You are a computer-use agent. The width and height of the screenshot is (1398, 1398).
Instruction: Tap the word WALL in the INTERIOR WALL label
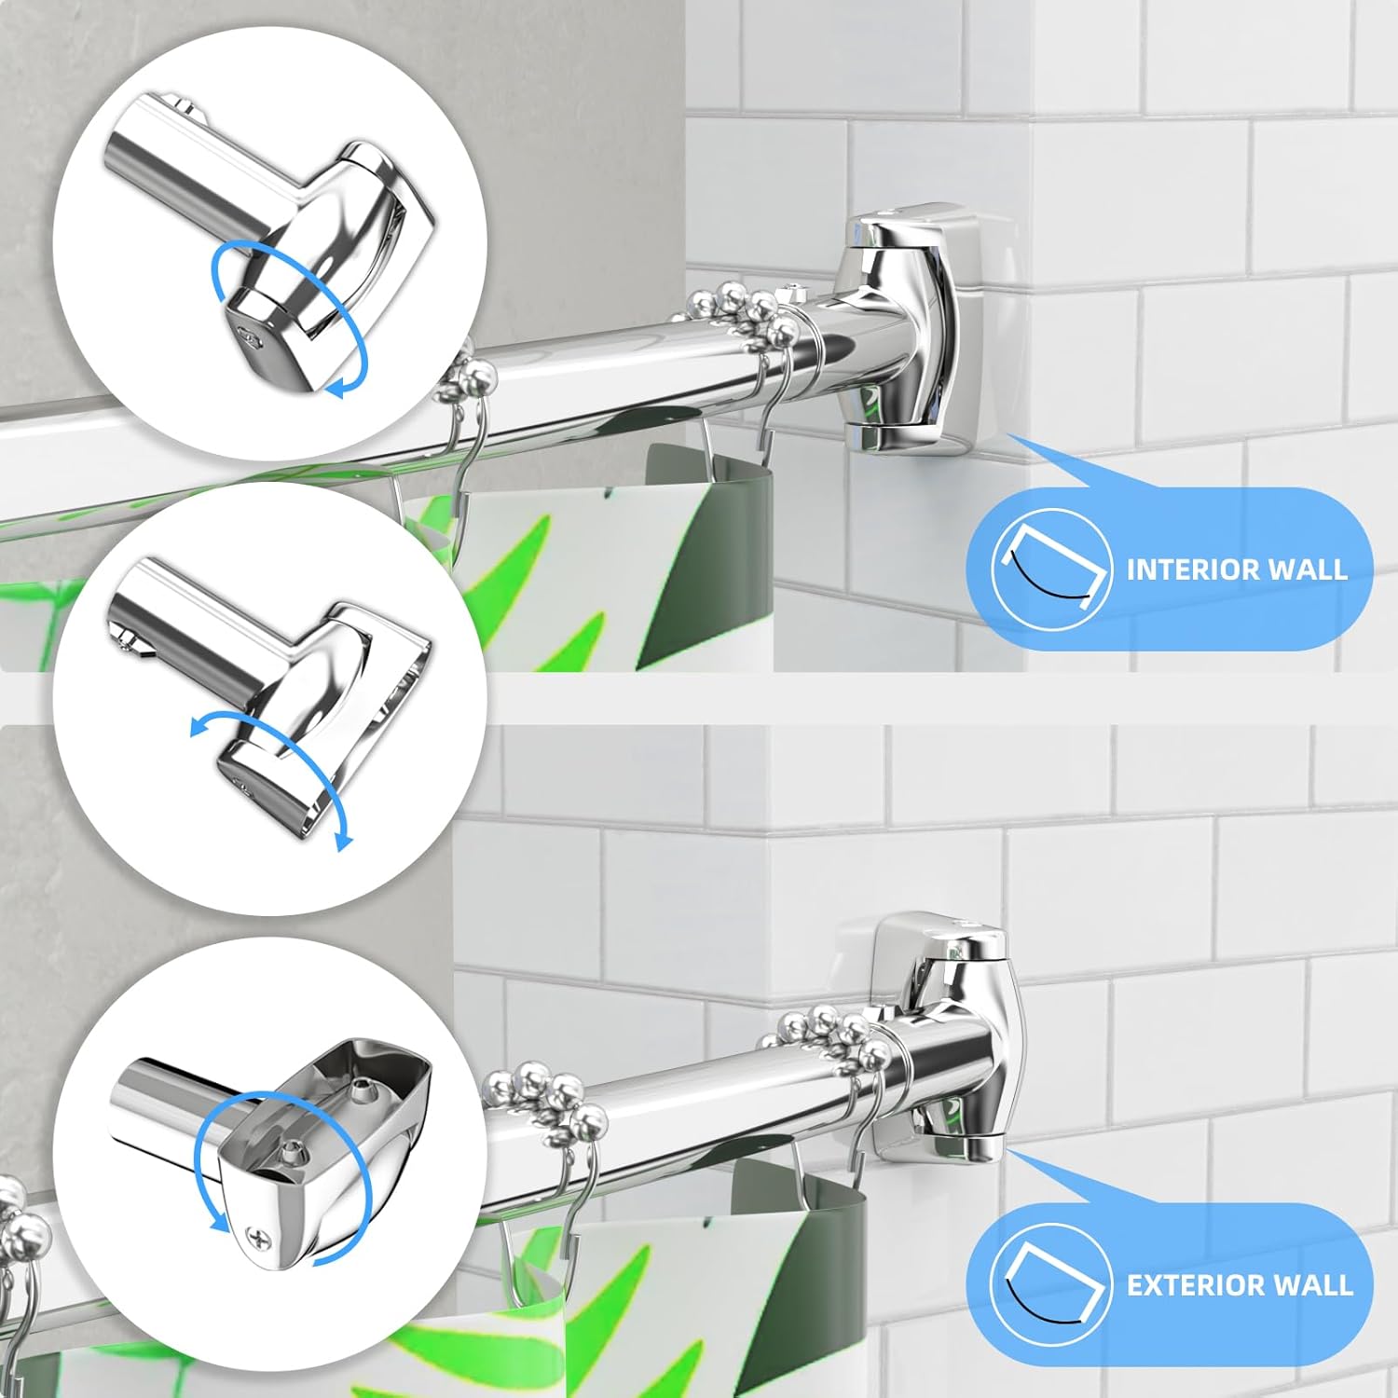pyautogui.click(x=1305, y=569)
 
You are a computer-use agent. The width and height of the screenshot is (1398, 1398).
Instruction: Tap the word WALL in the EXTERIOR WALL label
pyautogui.click(x=1309, y=1285)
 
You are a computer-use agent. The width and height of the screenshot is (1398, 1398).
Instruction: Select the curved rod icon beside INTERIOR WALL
pyautogui.click(x=1051, y=569)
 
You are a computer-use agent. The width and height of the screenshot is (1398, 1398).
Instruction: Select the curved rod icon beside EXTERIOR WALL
pyautogui.click(x=1051, y=1284)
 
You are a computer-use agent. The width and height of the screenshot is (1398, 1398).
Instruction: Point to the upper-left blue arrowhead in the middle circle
pyautogui.click(x=200, y=727)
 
